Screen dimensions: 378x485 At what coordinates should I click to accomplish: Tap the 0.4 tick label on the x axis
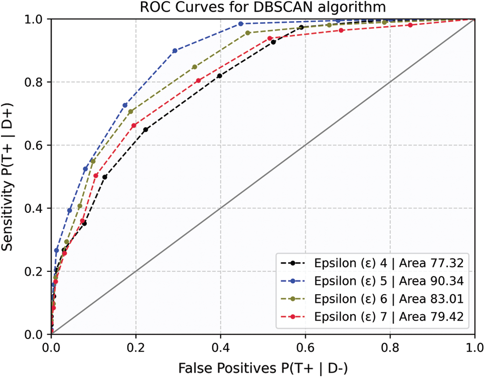pos(220,347)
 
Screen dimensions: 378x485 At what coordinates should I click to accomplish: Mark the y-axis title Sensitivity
pos(8,177)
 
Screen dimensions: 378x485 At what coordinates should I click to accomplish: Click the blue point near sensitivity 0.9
pos(175,51)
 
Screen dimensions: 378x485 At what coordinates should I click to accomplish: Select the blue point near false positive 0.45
pos(241,23)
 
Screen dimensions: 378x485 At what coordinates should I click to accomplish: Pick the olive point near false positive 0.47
pos(248,33)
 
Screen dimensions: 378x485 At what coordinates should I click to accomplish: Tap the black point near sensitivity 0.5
pos(105,177)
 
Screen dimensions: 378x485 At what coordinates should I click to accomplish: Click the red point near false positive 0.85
pos(410,25)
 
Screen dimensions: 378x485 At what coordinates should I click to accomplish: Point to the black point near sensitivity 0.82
pos(219,76)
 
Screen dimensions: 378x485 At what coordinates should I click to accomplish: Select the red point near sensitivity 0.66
pos(134,126)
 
